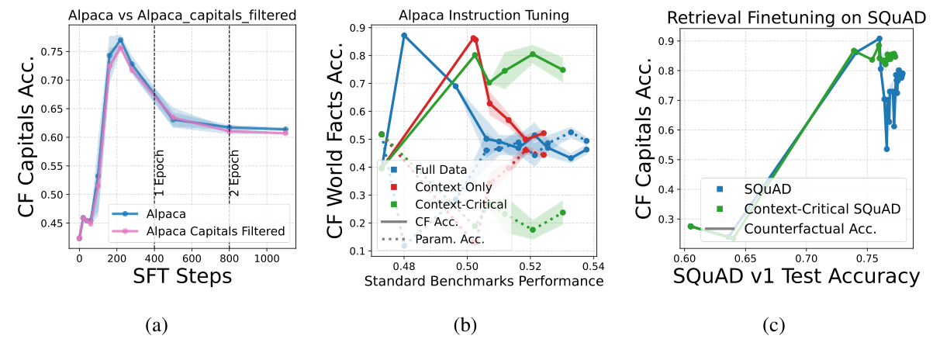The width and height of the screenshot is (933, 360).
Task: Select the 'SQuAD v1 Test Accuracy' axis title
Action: (x=795, y=276)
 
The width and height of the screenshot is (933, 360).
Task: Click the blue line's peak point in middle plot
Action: (x=404, y=36)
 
